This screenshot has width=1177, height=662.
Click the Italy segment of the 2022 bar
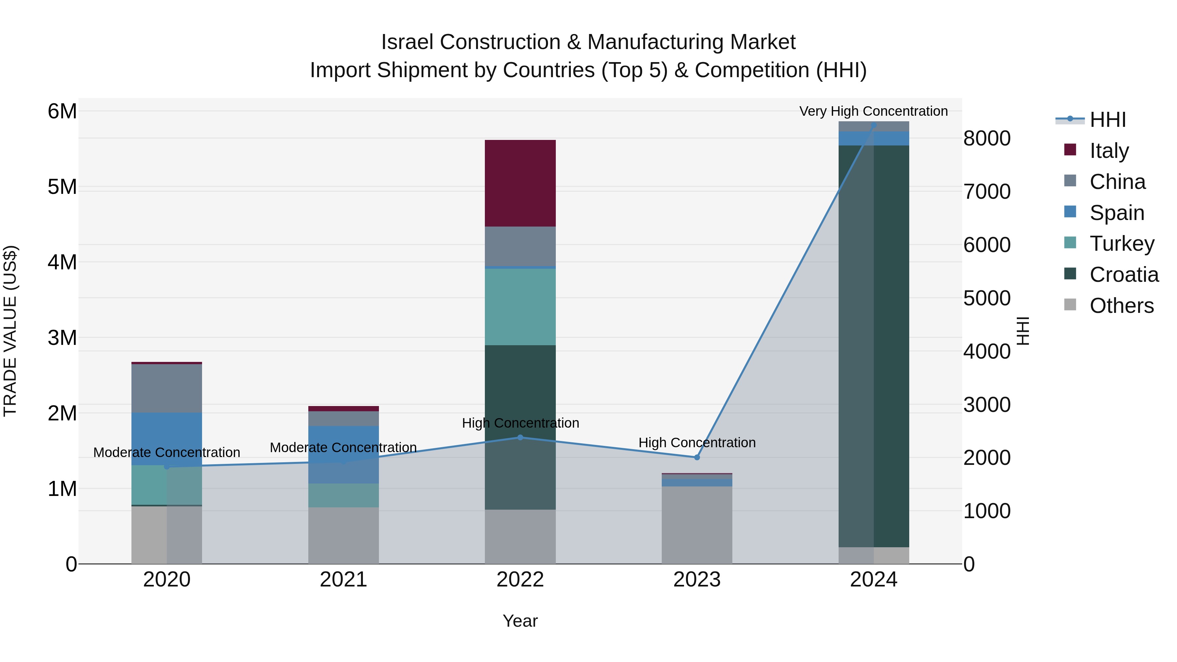coord(520,183)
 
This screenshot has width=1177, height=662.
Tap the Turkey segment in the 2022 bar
coord(520,307)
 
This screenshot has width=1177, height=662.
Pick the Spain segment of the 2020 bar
coord(166,439)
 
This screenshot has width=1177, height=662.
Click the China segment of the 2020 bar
coord(166,388)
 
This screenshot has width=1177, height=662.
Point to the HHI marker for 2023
coord(697,457)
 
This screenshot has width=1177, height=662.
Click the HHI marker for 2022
coord(520,437)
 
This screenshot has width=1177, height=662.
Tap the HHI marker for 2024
coord(874,125)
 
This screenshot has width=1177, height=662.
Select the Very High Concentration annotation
coord(873,111)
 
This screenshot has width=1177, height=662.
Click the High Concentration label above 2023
coord(697,443)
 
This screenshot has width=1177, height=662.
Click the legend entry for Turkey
coord(1122,244)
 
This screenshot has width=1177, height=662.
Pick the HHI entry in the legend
coord(1108,120)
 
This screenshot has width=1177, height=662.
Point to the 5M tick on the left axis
coord(62,187)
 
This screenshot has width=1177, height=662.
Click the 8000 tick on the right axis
coord(987,138)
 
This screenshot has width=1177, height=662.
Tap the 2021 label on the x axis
coord(343,580)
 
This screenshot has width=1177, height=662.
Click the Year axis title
coord(520,621)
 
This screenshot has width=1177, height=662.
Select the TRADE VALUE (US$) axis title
coord(10,331)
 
